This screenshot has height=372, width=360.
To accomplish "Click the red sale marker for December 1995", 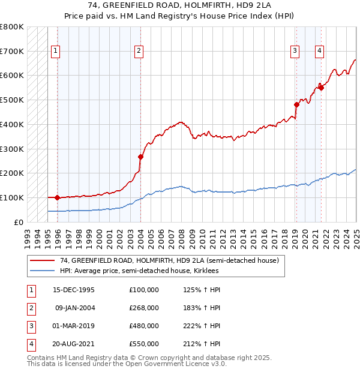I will click(x=58, y=197).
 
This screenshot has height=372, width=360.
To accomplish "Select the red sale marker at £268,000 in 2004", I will click(x=140, y=157).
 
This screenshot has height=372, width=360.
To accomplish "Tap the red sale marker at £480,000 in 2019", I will click(x=296, y=104).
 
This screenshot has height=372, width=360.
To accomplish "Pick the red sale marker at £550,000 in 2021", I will click(x=322, y=88).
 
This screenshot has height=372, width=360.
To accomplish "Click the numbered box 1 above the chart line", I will click(x=55, y=52).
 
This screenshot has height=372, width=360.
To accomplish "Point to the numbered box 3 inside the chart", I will click(x=295, y=52).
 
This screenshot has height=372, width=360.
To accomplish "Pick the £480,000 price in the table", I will click(x=144, y=326).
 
